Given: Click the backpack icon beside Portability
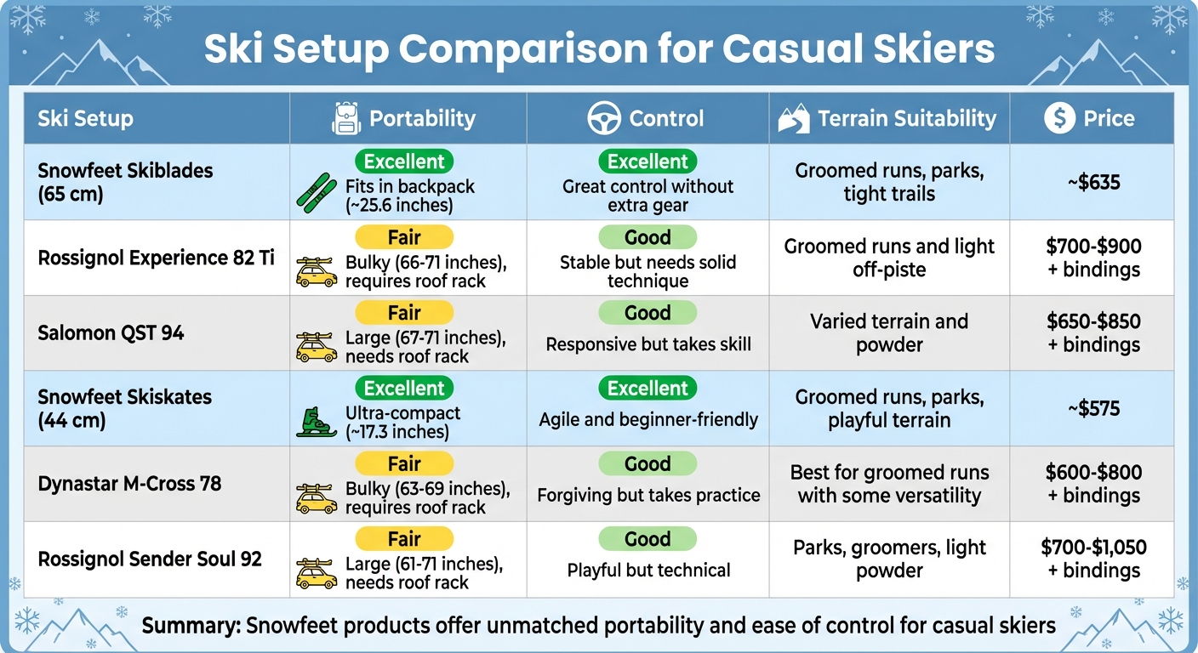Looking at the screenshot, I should pyautogui.click(x=345, y=119).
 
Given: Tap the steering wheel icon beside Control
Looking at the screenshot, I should pyautogui.click(x=604, y=119).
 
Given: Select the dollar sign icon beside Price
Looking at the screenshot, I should pyautogui.click(x=1059, y=118).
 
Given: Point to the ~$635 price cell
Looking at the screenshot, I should pyautogui.click(x=1092, y=182).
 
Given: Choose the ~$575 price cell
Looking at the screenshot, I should pyautogui.click(x=1092, y=409).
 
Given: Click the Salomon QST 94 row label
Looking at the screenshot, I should pyautogui.click(x=111, y=332).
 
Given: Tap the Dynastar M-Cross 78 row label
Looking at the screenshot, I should pyautogui.click(x=129, y=484).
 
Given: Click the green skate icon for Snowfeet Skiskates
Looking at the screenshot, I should pyautogui.click(x=317, y=422).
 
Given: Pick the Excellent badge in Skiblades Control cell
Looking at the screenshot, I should pyautogui.click(x=647, y=162).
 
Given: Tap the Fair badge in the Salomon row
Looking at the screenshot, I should pyautogui.click(x=404, y=313).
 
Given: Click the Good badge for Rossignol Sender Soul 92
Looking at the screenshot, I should pyautogui.click(x=647, y=539).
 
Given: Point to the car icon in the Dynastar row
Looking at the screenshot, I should pyautogui.click(x=316, y=498).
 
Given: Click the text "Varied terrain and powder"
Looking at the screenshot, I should pyautogui.click(x=889, y=333).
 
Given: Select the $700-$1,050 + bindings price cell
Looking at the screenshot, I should pyautogui.click(x=1093, y=559).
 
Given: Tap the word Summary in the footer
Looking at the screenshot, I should pyautogui.click(x=191, y=627).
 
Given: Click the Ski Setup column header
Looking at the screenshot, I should pyautogui.click(x=85, y=118).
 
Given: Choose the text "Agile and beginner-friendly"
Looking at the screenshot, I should pyautogui.click(x=648, y=419).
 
